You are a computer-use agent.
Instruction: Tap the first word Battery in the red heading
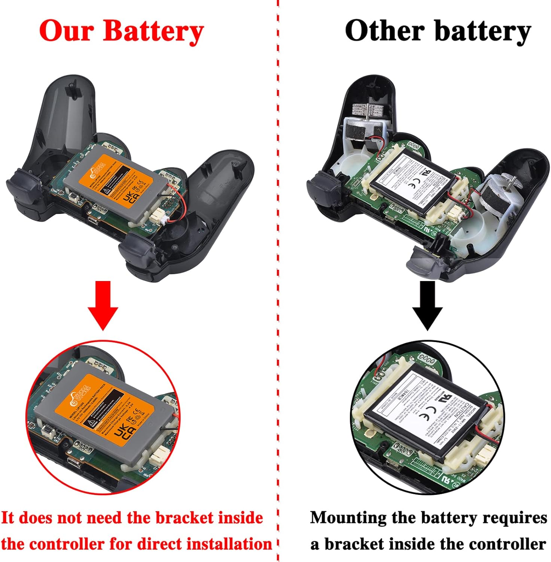click(x=153, y=31)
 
